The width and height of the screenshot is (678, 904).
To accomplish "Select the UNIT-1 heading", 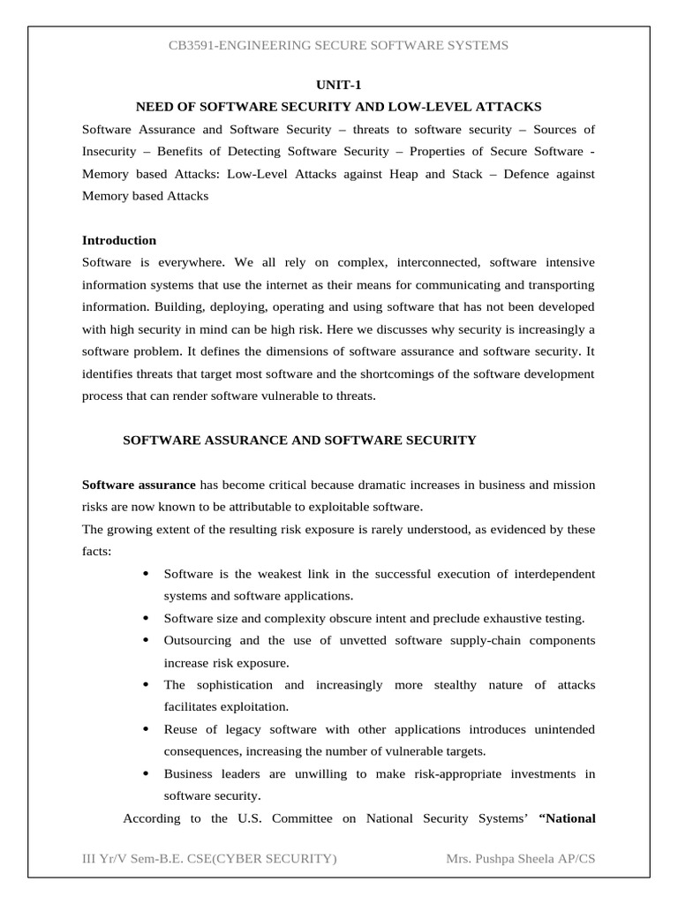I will [338, 85].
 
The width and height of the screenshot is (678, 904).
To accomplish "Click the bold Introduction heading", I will [119, 240].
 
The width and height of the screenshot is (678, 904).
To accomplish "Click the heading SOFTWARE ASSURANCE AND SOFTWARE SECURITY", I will [299, 440].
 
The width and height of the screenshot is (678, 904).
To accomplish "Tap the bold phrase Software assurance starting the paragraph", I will [139, 485].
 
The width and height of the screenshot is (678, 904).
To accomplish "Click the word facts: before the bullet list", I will [97, 552].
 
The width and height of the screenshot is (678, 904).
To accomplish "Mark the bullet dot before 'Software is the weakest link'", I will [144, 574].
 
